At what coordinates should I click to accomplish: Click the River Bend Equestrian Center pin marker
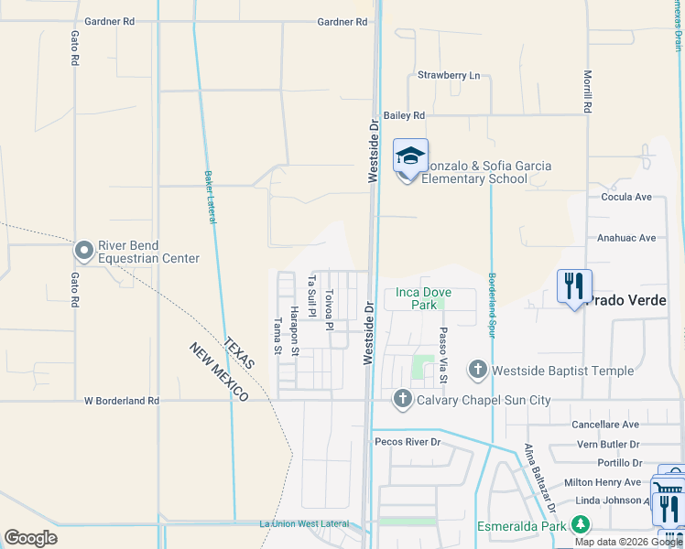tap(84, 250)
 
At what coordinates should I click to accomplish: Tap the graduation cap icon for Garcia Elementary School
tap(410, 156)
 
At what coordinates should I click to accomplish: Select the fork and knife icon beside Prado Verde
tap(574, 286)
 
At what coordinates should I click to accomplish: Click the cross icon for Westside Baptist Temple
tap(477, 370)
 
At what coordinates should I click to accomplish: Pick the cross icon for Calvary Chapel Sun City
tap(402, 399)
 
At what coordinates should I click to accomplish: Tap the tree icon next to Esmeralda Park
tap(579, 525)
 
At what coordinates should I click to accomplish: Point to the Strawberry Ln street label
tap(448, 75)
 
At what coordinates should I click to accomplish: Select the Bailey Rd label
tap(405, 115)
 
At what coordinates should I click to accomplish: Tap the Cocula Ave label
tap(625, 197)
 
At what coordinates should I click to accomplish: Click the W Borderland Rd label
tap(121, 401)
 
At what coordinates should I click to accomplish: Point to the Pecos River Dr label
tap(408, 441)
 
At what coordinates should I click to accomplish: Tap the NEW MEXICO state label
tap(219, 372)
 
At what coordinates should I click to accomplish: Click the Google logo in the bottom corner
tap(30, 538)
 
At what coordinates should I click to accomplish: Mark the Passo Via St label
tap(442, 355)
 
